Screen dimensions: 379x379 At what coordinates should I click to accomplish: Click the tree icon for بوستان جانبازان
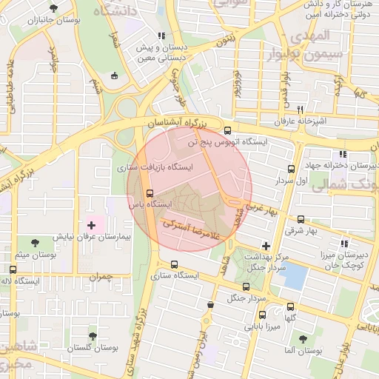(x=53, y=9)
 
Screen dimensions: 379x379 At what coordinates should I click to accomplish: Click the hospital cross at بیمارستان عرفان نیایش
(x=91, y=224)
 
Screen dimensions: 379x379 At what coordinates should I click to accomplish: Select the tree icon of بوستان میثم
(x=36, y=242)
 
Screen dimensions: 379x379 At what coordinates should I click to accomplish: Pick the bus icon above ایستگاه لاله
(x=13, y=269)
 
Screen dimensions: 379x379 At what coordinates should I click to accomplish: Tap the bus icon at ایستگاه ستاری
(x=175, y=264)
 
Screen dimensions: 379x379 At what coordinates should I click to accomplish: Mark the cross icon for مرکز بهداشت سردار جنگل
(x=266, y=246)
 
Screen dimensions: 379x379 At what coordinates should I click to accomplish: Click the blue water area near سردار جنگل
(x=294, y=277)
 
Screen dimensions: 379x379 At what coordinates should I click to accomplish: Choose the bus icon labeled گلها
(x=290, y=306)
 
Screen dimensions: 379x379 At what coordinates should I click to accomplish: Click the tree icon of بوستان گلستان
(x=93, y=335)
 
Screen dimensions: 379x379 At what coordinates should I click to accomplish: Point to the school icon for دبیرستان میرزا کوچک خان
(x=343, y=243)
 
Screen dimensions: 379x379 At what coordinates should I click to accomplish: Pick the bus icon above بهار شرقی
(x=301, y=219)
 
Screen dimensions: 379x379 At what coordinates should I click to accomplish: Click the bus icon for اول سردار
(x=291, y=169)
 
